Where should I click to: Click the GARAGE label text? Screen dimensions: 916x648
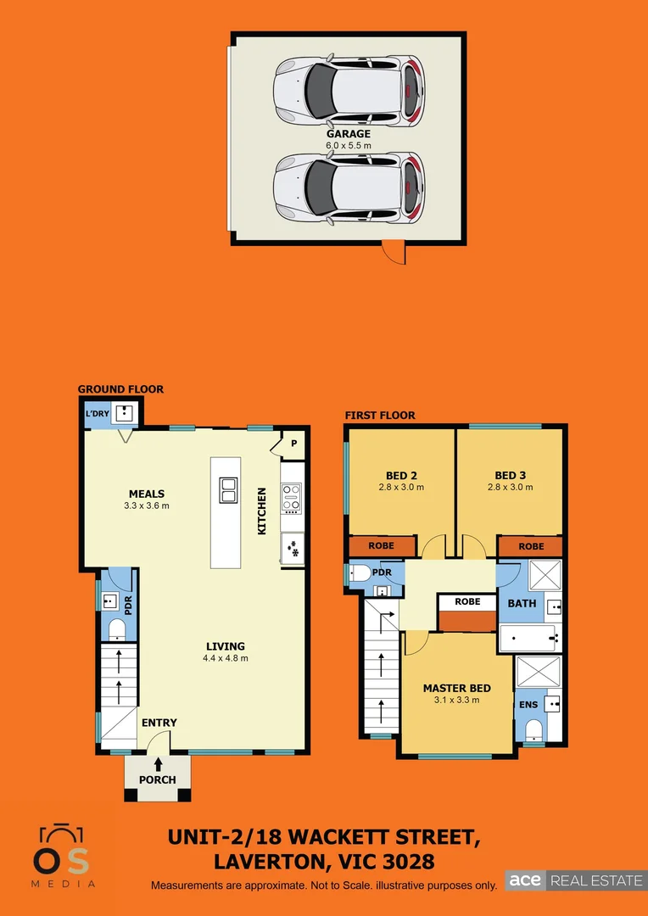click(349, 134)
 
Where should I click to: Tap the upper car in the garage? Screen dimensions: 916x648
click(349, 88)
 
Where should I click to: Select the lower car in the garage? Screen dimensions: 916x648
click(349, 187)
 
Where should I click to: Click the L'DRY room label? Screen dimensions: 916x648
click(98, 413)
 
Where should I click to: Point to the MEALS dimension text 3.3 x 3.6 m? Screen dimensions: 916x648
click(147, 506)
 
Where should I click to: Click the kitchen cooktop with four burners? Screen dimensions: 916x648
click(291, 498)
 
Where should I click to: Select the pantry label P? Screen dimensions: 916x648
click(294, 443)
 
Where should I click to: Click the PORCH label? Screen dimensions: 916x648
click(158, 779)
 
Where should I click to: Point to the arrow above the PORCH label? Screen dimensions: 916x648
click(158, 764)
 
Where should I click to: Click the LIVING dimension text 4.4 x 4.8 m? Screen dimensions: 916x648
click(225, 658)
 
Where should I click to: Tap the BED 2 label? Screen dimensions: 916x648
click(401, 476)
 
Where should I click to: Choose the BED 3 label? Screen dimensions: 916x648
click(511, 476)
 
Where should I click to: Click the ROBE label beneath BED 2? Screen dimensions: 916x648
click(382, 546)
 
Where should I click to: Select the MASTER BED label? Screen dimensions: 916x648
click(457, 688)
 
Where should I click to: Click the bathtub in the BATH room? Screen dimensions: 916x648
click(527, 638)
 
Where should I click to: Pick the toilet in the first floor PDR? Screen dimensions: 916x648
click(359, 573)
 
